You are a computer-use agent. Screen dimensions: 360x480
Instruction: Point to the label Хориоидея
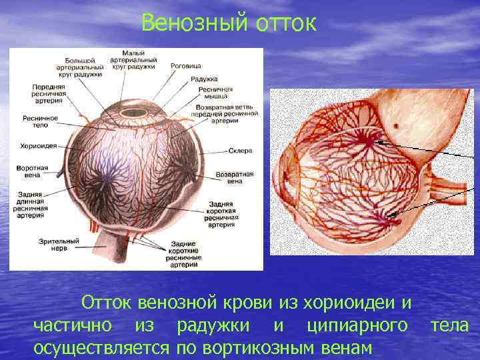38,145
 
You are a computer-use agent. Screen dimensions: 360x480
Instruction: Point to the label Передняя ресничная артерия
47,94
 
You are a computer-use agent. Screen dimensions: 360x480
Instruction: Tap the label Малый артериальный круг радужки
139,60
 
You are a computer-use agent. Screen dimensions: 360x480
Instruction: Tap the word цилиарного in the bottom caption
363,325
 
